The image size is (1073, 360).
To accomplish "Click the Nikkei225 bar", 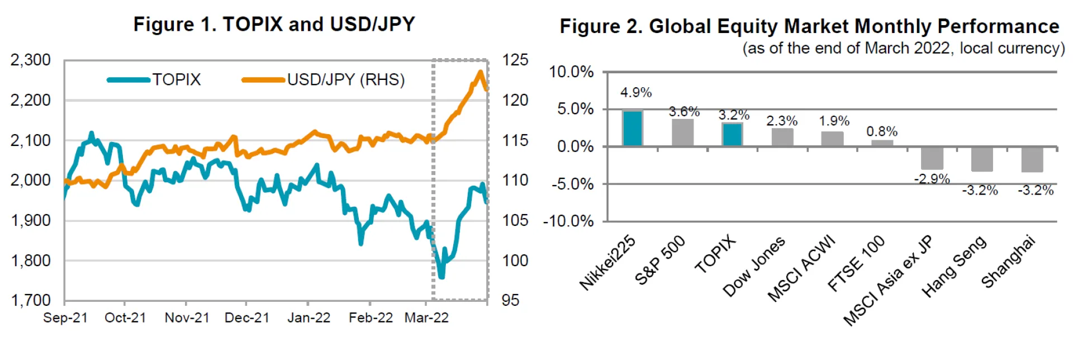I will pyautogui.click(x=632, y=128).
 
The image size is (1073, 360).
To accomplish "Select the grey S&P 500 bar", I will pyautogui.click(x=682, y=132).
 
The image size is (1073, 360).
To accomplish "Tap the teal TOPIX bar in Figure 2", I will pyautogui.click(x=732, y=134).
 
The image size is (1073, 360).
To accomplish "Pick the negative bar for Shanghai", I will pyautogui.click(x=1032, y=159).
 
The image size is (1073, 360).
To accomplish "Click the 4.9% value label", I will pyautogui.click(x=636, y=92).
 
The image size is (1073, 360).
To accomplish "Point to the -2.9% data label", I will pyautogui.click(x=932, y=179).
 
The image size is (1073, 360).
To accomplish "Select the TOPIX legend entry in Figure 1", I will pyautogui.click(x=154, y=79).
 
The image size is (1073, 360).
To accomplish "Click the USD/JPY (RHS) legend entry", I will pyautogui.click(x=324, y=79).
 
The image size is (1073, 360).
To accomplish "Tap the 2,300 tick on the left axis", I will pyautogui.click(x=30, y=60).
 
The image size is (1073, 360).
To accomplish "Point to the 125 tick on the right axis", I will pyautogui.click(x=515, y=60).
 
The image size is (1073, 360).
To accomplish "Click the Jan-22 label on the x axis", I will pyautogui.click(x=308, y=318).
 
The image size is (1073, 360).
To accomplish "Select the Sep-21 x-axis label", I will pyautogui.click(x=65, y=318).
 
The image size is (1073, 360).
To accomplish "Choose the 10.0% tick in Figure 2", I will pyautogui.click(x=571, y=72).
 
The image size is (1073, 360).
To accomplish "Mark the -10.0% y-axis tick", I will pyautogui.click(x=568, y=221).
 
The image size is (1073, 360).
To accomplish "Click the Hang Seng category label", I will pyautogui.click(x=954, y=267).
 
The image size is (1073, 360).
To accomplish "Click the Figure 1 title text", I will pyautogui.click(x=274, y=25).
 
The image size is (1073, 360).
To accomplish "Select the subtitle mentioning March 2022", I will pyautogui.click(x=903, y=49).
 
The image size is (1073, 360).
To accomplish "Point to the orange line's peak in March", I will pyautogui.click(x=480, y=72).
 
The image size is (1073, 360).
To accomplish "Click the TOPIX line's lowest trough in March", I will pyautogui.click(x=441, y=277).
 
